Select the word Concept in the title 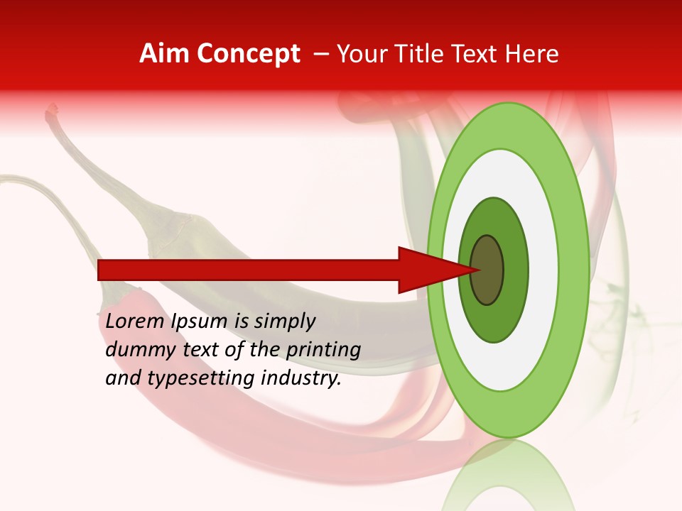coord(248,54)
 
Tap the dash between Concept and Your coord(320,55)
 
